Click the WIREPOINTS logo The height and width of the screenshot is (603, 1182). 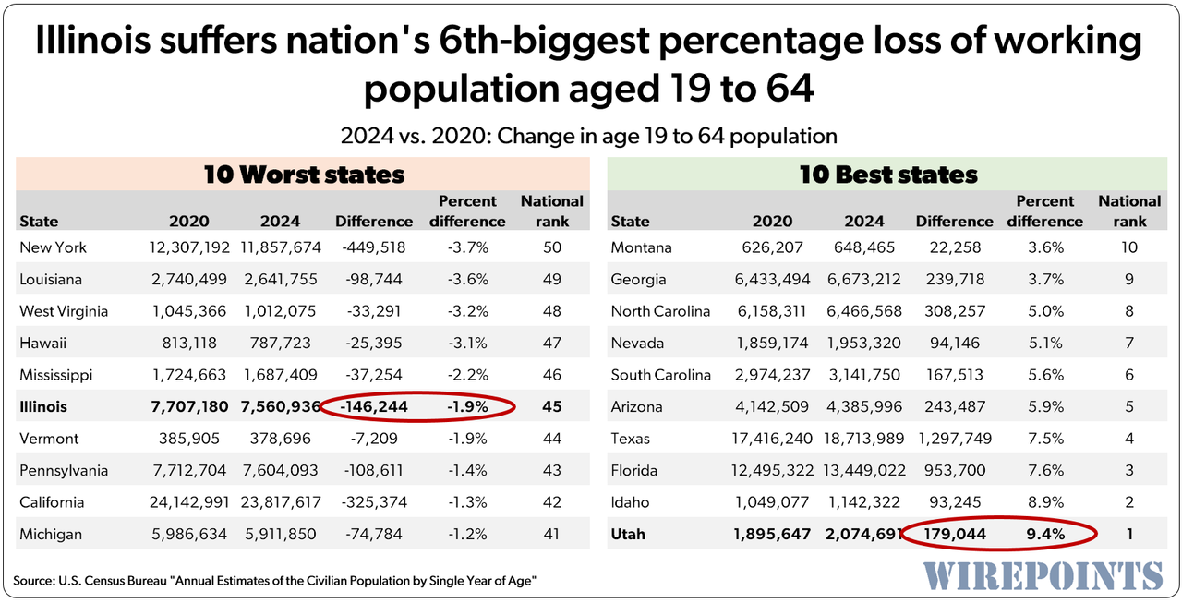point(1043,574)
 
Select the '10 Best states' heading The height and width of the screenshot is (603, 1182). point(888,174)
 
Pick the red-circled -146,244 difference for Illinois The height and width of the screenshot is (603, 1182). point(374,406)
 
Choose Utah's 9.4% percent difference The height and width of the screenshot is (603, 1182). point(1045,534)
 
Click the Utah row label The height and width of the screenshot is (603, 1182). point(628,534)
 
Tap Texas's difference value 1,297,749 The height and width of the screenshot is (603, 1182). point(955,439)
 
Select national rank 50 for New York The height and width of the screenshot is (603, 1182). point(552,247)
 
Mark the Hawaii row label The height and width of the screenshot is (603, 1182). point(42,343)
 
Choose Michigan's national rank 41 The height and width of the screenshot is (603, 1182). point(552,534)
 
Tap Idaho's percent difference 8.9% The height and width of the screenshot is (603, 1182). point(1045,502)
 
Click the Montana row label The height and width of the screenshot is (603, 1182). point(641,247)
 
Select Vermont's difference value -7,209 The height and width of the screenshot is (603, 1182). point(373,439)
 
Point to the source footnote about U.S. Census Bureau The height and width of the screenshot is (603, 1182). point(275,580)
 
